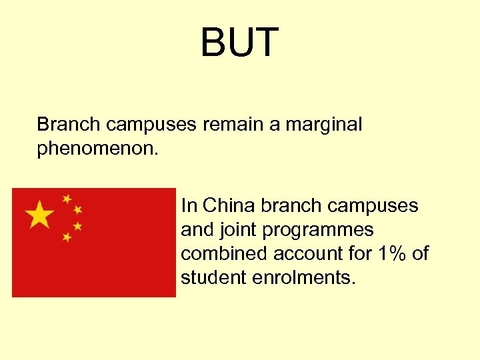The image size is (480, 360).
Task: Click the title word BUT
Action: tap(239, 42)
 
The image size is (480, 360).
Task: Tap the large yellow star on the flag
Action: tap(40, 215)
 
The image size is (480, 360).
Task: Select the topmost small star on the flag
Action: tap(67, 199)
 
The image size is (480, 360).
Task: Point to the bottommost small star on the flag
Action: tap(67, 237)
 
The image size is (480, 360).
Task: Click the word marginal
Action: tap(324, 125)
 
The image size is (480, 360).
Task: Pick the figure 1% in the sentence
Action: tap(389, 253)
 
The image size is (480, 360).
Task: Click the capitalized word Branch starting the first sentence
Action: tap(69, 125)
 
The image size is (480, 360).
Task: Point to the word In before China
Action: tap(189, 205)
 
